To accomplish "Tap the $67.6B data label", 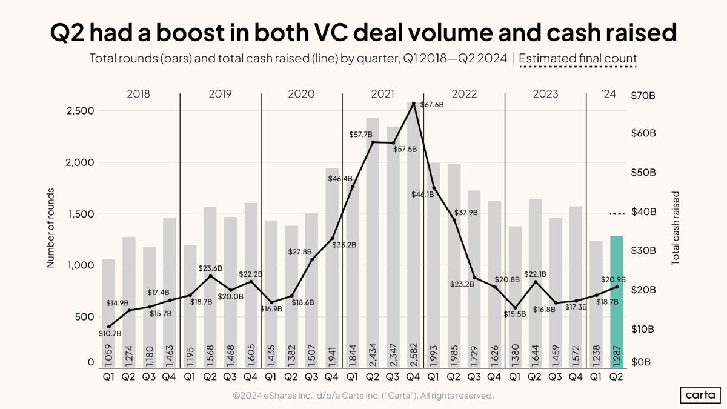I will pyautogui.click(x=432, y=105).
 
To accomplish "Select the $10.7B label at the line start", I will pyautogui.click(x=110, y=333).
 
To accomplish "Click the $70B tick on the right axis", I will pyautogui.click(x=643, y=96).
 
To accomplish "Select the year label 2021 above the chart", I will pyautogui.click(x=382, y=94).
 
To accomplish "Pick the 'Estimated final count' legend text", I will pyautogui.click(x=578, y=59).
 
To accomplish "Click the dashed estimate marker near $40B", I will pyautogui.click(x=616, y=214).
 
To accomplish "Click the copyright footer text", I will pyautogui.click(x=363, y=396).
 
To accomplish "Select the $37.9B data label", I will pyautogui.click(x=466, y=213).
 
